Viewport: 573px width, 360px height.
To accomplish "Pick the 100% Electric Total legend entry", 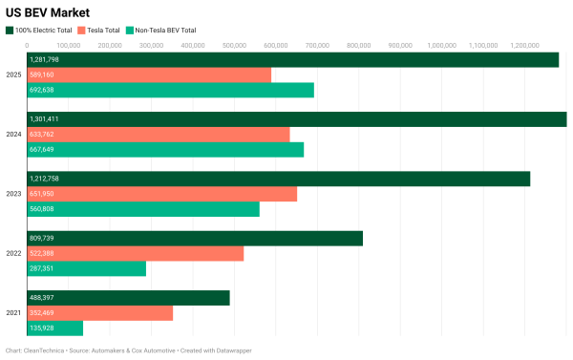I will [x=44, y=31].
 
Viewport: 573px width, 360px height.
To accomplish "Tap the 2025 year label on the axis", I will [x=13, y=74].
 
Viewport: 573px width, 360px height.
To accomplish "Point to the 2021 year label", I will [x=13, y=313].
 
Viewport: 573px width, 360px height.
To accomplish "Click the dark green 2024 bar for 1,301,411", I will [x=296, y=119].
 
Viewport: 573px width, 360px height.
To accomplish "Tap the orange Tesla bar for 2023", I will [x=162, y=194].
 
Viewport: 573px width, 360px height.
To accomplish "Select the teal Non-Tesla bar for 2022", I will [x=87, y=268].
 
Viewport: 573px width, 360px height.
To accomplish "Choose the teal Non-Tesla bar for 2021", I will [x=55, y=328].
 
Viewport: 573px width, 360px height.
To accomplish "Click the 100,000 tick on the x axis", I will [x=68, y=45].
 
